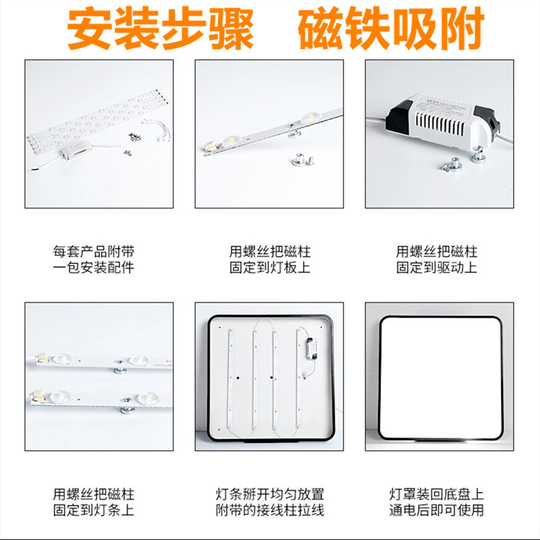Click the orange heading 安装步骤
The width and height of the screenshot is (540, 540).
[x=160, y=29]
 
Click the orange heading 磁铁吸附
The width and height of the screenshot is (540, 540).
[x=391, y=29]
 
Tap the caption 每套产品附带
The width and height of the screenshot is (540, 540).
[x=99, y=252]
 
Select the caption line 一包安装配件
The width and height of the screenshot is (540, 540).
[x=99, y=268]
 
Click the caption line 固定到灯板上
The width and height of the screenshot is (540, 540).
[x=269, y=268]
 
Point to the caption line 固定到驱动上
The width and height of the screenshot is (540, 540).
[x=437, y=268]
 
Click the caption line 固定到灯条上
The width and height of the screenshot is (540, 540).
[x=99, y=511]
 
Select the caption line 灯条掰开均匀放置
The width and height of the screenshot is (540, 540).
[x=269, y=495]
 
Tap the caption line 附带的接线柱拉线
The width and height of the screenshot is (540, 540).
[x=269, y=511]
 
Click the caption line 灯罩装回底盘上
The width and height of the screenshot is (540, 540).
[x=437, y=495]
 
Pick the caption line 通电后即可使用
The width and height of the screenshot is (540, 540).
[x=437, y=511]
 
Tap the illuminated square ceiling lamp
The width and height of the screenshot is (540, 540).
[x=439, y=376]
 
